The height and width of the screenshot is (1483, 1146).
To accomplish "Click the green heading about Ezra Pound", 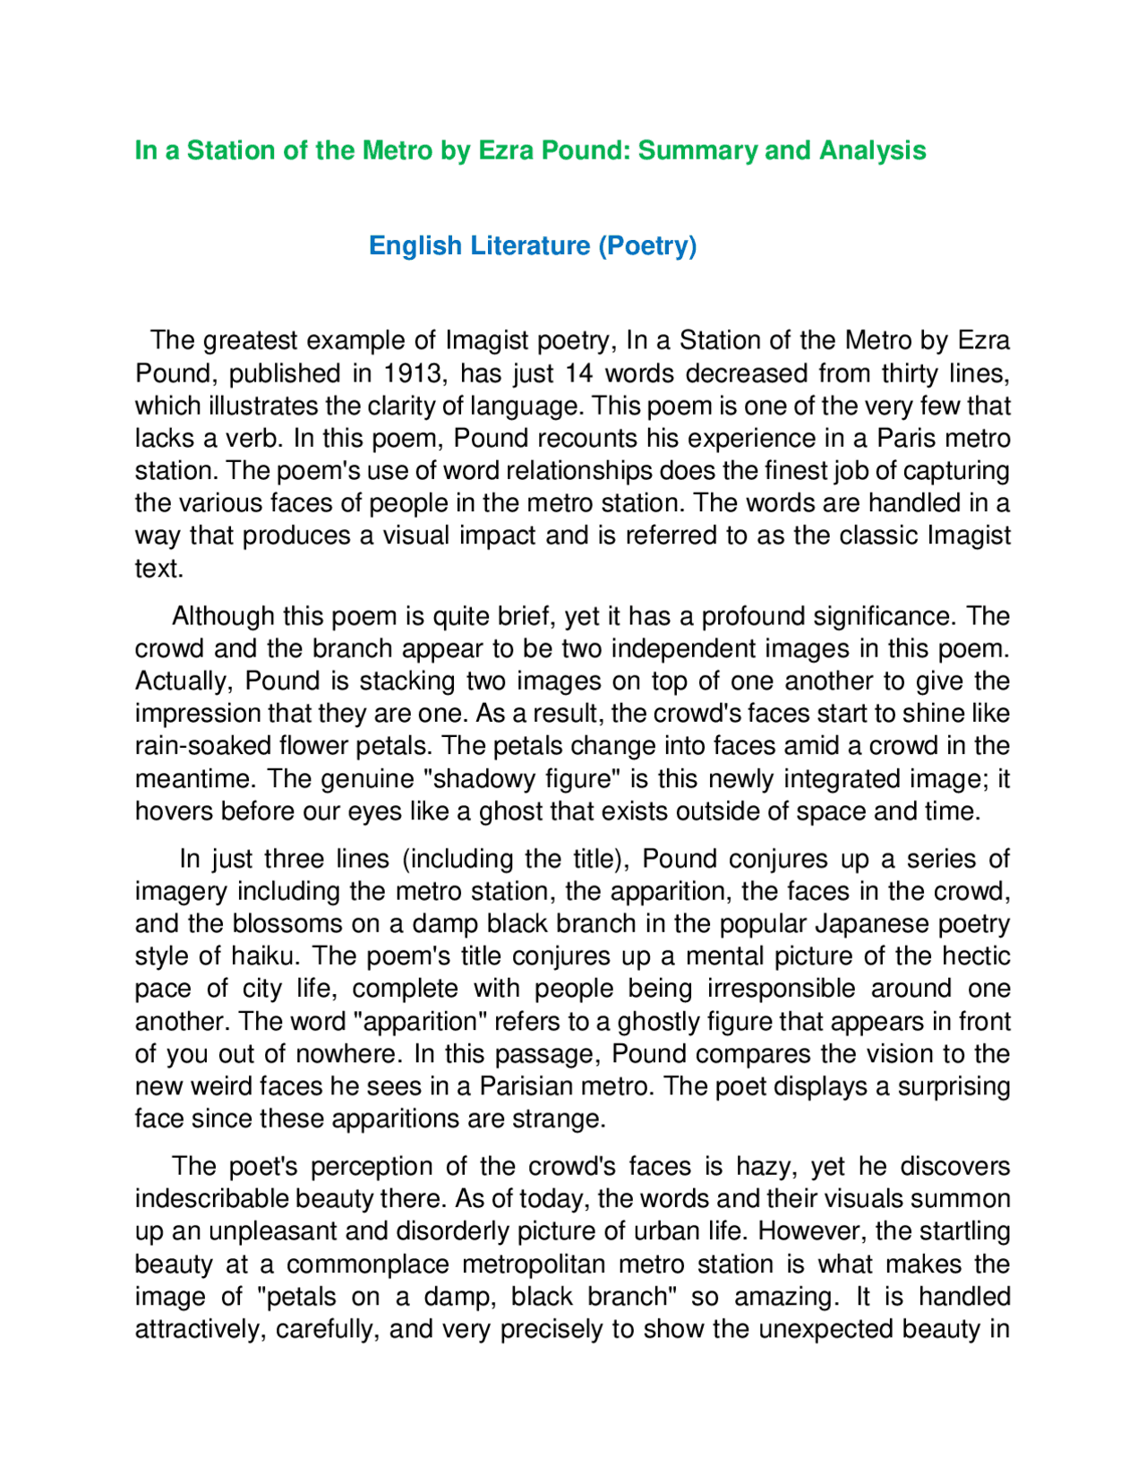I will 530,150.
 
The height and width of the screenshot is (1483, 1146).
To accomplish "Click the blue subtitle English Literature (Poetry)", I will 533,245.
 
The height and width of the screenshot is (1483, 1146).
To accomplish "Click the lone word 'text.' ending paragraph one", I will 159,569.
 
